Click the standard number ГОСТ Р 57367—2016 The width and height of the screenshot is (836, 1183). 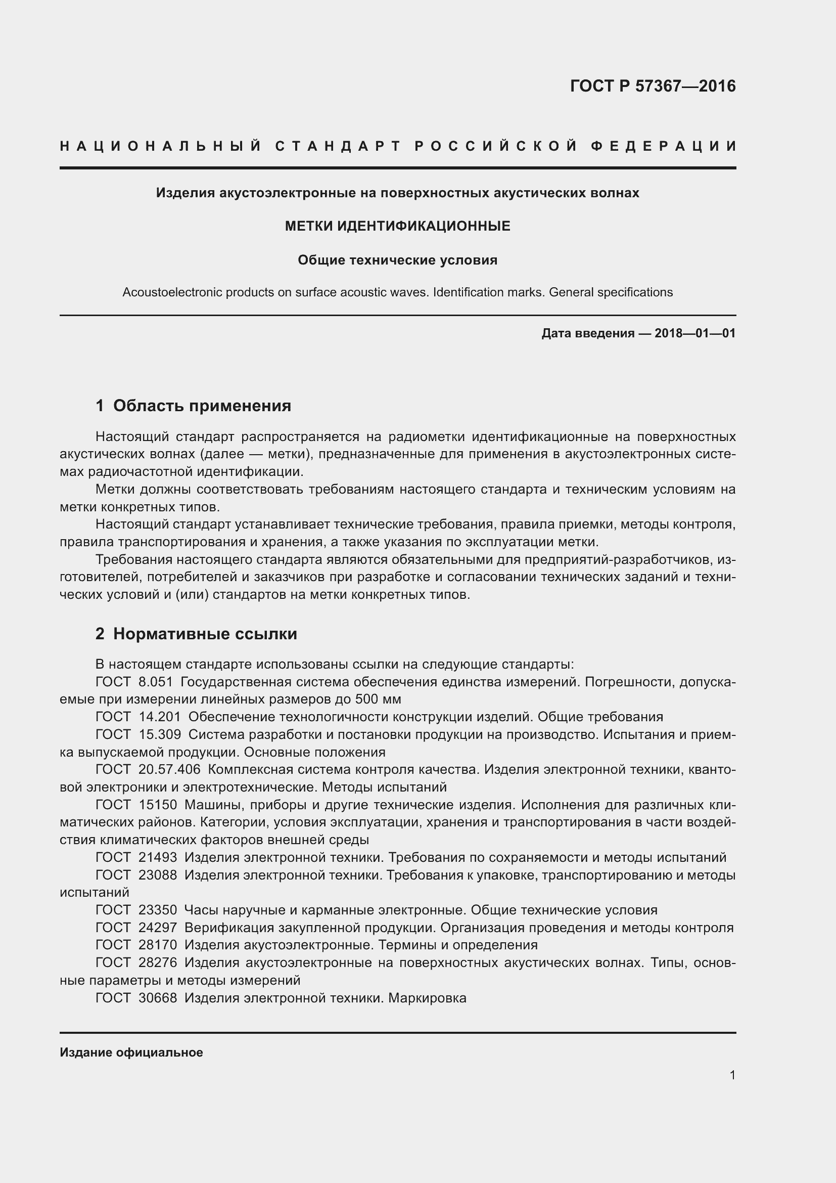click(x=653, y=86)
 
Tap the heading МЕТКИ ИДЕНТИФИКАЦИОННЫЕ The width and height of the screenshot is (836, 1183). click(x=397, y=226)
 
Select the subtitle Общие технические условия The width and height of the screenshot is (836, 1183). click(x=397, y=260)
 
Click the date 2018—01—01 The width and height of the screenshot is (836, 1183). click(x=695, y=333)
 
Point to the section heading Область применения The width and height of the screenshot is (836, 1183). click(x=202, y=406)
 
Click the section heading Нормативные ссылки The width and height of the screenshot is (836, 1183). click(x=205, y=634)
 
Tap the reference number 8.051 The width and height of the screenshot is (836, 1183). click(x=156, y=682)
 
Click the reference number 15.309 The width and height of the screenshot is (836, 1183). click(x=160, y=735)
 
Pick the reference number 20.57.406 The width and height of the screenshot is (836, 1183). click(x=169, y=770)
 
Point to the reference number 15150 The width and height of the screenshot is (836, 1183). click(x=158, y=805)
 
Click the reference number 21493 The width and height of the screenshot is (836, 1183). click(x=158, y=857)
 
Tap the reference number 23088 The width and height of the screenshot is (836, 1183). click(x=158, y=875)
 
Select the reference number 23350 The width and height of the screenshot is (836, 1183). click(x=158, y=910)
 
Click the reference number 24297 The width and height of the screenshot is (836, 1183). click(x=158, y=928)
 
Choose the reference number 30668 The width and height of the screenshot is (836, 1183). click(x=158, y=997)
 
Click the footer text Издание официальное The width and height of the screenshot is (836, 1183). click(x=131, y=1052)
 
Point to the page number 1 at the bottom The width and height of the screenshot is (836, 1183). click(x=732, y=1075)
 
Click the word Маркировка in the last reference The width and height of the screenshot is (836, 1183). click(x=427, y=997)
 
